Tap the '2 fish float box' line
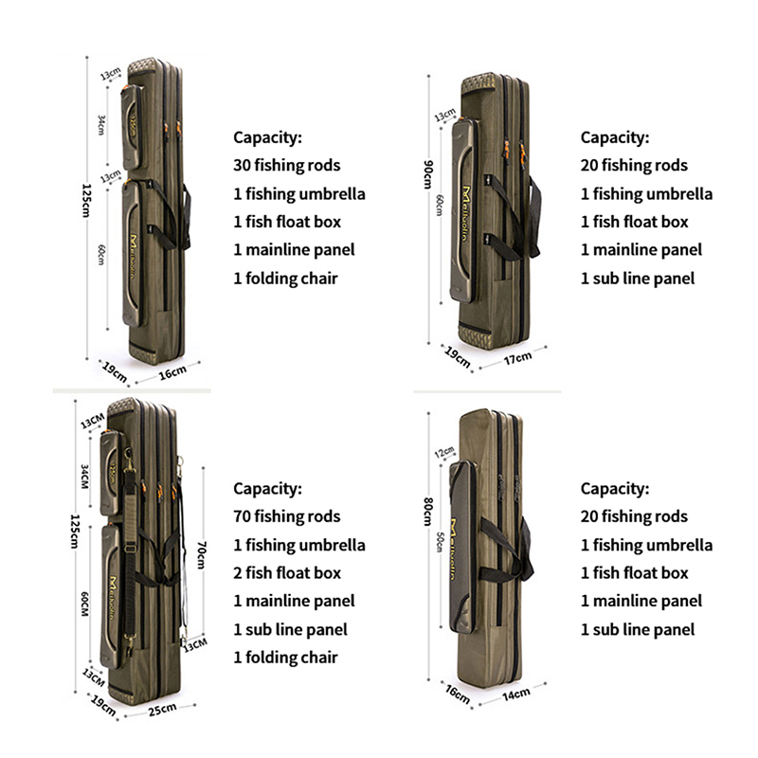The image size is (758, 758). coord(288,572)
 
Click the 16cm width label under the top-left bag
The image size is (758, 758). coord(171,373)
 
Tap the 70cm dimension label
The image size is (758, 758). coord(200,554)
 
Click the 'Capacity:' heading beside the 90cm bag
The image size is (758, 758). coord(615,137)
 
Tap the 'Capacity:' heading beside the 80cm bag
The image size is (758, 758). coord(615,489)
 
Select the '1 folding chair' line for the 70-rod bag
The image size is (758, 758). coord(285,657)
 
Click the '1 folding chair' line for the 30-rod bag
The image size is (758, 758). coord(285,278)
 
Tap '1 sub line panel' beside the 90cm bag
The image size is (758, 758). coord(638,278)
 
